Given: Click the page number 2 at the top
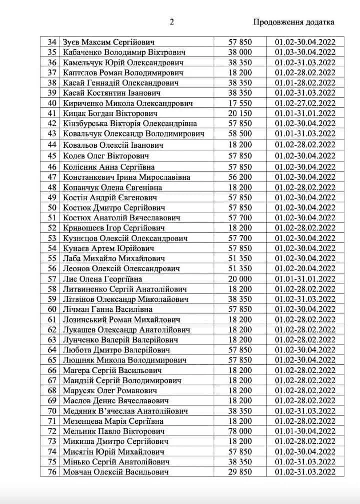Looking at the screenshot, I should pos(171,21).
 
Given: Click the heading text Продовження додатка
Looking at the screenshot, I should pos(294,22).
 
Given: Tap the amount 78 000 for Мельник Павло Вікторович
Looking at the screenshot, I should pos(240,431).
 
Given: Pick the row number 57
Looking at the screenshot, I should pos(51,279).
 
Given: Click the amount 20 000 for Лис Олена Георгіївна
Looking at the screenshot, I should pos(240,279).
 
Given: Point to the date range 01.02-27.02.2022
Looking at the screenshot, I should pos(305,103).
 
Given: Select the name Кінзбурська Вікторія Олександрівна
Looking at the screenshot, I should pos(130,123).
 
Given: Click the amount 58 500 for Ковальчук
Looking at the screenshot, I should pos(240,133).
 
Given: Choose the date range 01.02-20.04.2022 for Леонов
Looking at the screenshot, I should pos(305,269).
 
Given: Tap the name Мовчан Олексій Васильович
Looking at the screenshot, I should pos(116,471).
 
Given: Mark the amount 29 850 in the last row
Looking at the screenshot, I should pos(240,471).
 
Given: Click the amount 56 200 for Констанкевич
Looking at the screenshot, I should pos(240,177).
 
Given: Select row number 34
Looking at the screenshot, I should pos(51,42).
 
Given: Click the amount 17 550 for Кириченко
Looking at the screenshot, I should pos(240,103).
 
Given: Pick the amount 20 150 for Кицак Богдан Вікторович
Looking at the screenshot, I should pos(240,113).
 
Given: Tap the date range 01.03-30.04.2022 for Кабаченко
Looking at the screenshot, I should pos(305,52).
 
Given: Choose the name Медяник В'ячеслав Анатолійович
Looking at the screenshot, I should pos(125,411).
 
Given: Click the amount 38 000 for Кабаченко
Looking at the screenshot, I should pos(240,52).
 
